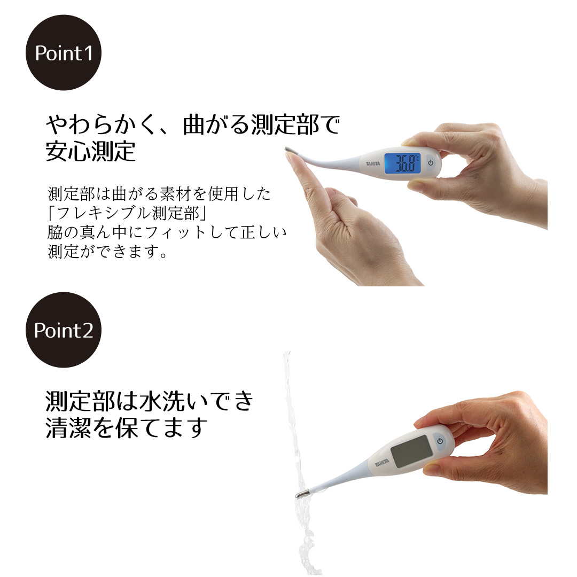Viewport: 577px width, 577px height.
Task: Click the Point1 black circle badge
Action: (x=64, y=53)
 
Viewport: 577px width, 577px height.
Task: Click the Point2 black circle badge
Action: (x=64, y=330)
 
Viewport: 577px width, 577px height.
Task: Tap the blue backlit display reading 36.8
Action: (x=406, y=163)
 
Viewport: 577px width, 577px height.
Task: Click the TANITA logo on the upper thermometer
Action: (x=373, y=163)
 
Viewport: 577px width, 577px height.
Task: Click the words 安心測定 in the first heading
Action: (x=90, y=152)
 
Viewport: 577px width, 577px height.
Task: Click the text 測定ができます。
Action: (x=108, y=251)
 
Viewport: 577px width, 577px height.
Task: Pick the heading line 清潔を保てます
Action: (x=127, y=428)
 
